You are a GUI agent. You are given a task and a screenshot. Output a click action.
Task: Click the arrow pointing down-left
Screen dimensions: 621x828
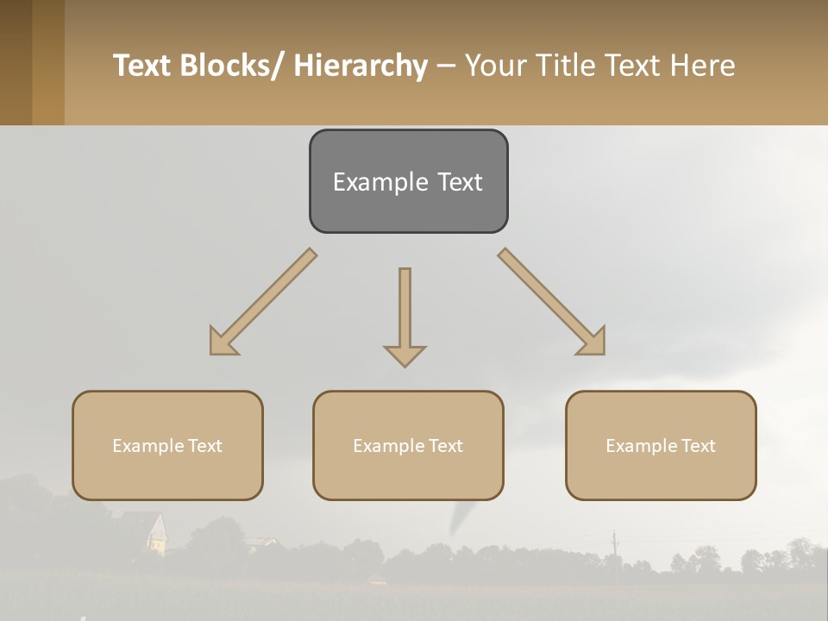261,303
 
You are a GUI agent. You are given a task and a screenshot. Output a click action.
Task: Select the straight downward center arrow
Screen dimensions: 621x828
405,315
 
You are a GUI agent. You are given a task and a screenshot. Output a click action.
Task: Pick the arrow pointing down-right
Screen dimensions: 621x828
553,303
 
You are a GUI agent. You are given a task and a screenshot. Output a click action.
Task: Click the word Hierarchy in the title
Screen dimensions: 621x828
361,66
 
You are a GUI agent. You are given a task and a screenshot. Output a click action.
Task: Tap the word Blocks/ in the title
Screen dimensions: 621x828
233,66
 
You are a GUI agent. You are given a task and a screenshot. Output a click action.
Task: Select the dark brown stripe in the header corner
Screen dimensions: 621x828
16,62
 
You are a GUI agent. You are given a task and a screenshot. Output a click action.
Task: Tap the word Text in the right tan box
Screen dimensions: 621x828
698,446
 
